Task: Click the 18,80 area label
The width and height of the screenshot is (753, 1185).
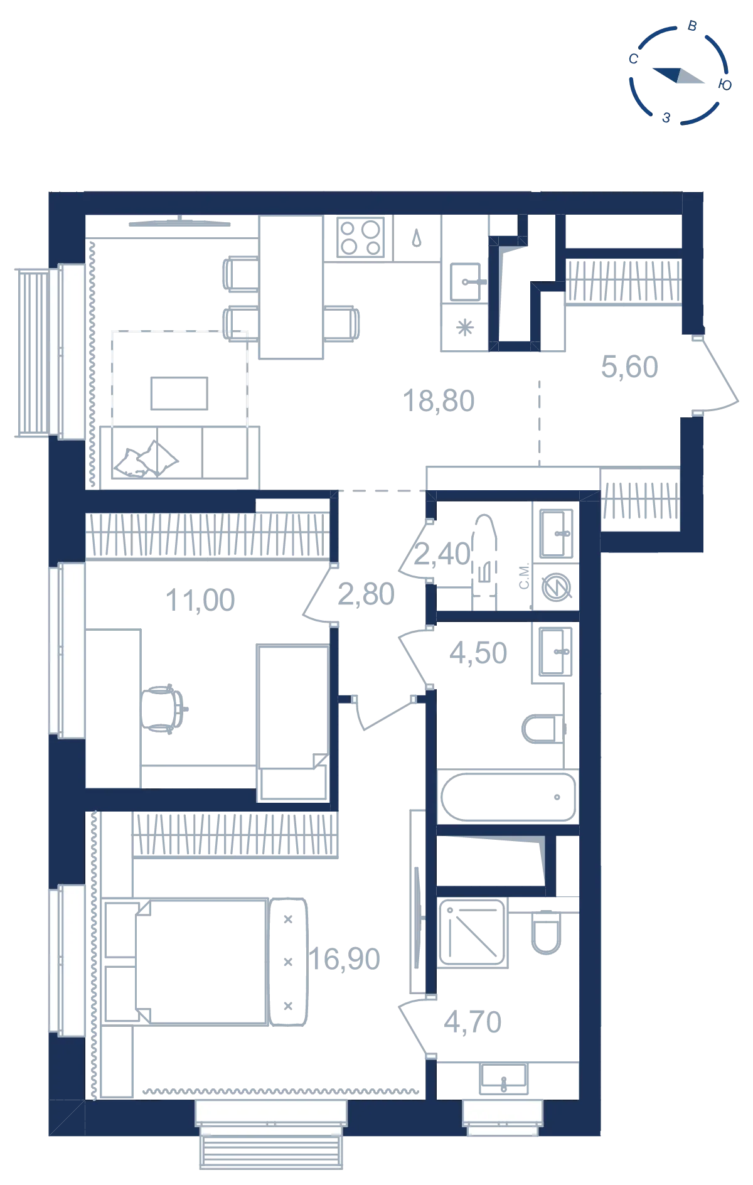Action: pos(439,401)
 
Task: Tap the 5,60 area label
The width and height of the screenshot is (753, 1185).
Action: pos(629,367)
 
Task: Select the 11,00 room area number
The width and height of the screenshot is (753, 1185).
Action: pos(200,601)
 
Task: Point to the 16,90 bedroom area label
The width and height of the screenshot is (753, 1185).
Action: pos(344,959)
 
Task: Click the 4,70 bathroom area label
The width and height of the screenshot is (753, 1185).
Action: pos(473,1022)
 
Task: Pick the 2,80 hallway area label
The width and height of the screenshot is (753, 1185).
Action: pos(366,594)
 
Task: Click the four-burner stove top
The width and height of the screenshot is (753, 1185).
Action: pos(361,237)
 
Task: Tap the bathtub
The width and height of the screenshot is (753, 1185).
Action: pos(508,797)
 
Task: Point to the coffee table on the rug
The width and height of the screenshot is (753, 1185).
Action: pos(179,394)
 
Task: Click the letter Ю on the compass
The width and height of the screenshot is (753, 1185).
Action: pos(725,85)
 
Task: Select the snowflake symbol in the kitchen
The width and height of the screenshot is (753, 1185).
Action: pos(465,328)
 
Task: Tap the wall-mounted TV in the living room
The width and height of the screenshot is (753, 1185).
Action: pos(180,222)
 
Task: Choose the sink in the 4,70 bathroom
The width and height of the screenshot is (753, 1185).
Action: pos(504,1078)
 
